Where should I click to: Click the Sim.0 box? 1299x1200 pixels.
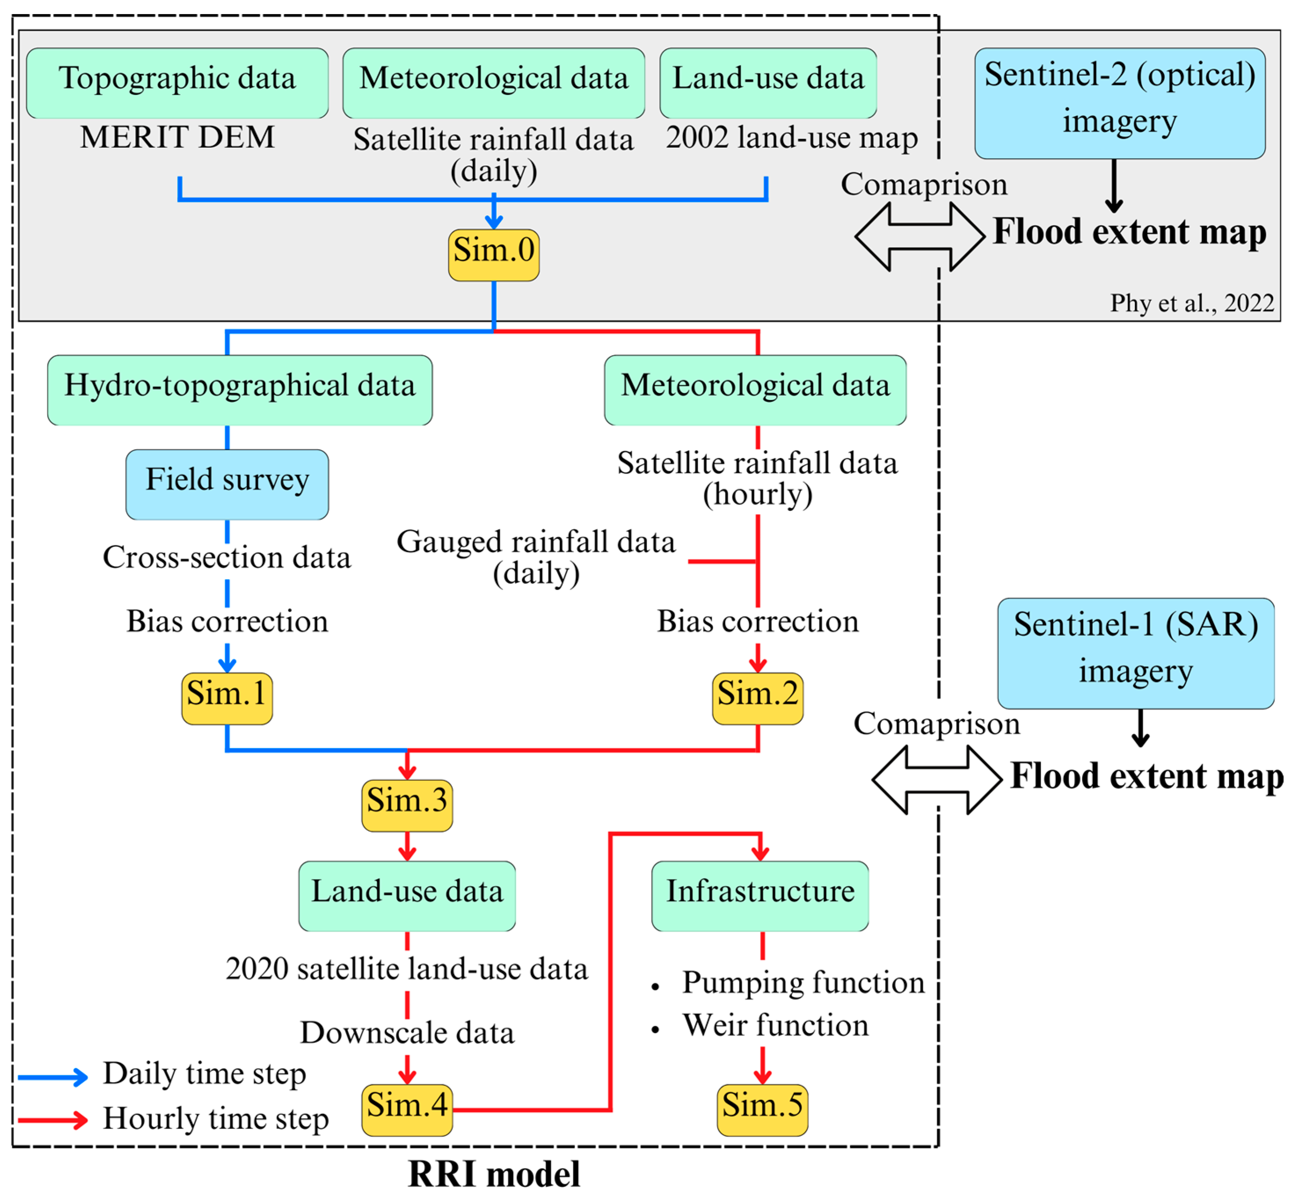click(x=494, y=255)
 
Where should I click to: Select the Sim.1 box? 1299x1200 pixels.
click(x=227, y=699)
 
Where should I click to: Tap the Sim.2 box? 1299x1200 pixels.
click(x=758, y=699)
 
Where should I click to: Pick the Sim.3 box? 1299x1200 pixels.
click(x=407, y=805)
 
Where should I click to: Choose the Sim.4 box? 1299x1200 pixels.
click(x=407, y=1110)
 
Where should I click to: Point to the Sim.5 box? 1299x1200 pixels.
click(x=763, y=1110)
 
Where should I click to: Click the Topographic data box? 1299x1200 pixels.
click(x=177, y=83)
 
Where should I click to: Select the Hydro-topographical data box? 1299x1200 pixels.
click(x=240, y=390)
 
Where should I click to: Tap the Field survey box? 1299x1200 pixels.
click(x=227, y=484)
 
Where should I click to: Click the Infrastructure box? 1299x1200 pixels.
click(x=760, y=896)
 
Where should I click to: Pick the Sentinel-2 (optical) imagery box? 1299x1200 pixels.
click(x=1120, y=103)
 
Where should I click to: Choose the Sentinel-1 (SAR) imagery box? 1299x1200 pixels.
click(x=1136, y=653)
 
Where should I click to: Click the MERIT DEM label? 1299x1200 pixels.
click(x=177, y=137)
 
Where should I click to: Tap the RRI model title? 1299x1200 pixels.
click(x=494, y=1174)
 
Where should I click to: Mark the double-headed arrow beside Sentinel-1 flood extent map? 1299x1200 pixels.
click(x=937, y=779)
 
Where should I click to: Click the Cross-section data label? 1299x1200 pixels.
click(x=227, y=557)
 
